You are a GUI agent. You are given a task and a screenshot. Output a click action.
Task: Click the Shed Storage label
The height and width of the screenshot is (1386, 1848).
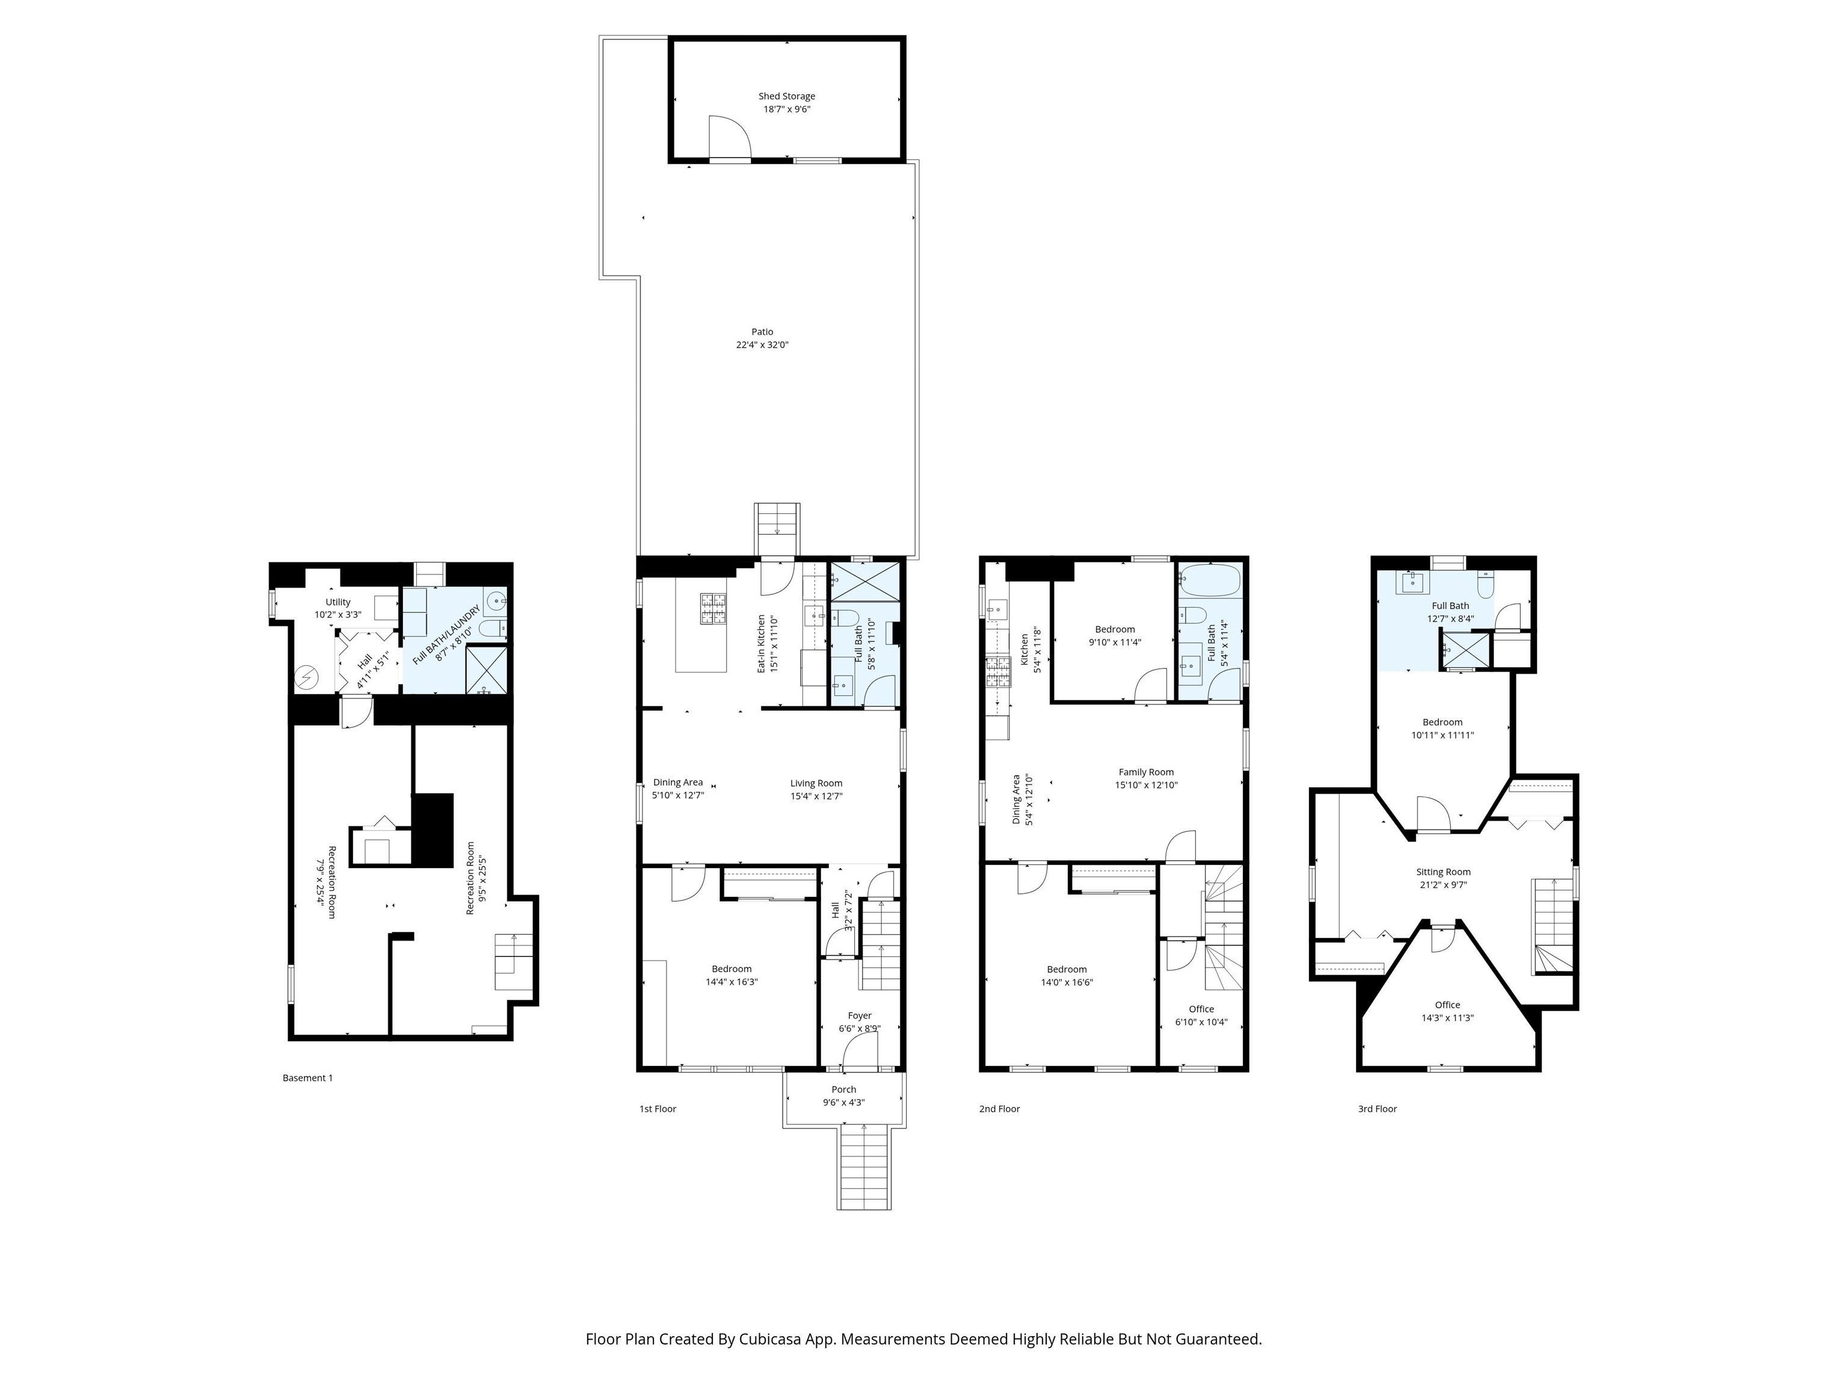pos(786,96)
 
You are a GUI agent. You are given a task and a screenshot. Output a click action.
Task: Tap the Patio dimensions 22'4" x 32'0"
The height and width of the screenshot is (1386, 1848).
pos(762,344)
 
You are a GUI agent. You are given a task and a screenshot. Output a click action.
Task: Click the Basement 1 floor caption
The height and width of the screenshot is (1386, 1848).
pos(307,1078)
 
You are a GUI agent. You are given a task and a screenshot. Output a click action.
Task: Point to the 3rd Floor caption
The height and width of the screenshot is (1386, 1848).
pos(1377,1109)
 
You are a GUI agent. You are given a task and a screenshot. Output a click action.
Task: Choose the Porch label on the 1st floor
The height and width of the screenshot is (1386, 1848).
pos(844,1089)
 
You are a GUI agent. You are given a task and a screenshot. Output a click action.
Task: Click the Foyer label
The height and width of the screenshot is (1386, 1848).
pos(860,1016)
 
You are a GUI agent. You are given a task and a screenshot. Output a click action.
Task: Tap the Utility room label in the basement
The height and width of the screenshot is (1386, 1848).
pos(337,602)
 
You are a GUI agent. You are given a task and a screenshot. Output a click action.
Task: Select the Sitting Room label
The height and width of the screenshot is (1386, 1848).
pos(1444,872)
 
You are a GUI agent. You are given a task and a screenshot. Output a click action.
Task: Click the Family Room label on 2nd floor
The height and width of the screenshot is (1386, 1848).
pos(1146,772)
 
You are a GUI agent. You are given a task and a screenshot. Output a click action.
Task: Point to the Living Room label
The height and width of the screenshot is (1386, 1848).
pos(816,783)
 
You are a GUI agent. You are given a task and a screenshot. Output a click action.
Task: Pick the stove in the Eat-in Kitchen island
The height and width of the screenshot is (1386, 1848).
pos(713,608)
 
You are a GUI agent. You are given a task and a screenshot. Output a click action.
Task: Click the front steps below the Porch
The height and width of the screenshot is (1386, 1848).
pos(864,1167)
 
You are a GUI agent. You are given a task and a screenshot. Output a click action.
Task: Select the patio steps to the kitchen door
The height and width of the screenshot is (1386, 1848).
pos(777,529)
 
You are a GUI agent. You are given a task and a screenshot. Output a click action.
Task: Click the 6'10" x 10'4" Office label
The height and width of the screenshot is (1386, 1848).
pos(1201,1015)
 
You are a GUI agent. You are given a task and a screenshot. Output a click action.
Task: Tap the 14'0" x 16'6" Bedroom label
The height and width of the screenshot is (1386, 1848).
pos(1067,976)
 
